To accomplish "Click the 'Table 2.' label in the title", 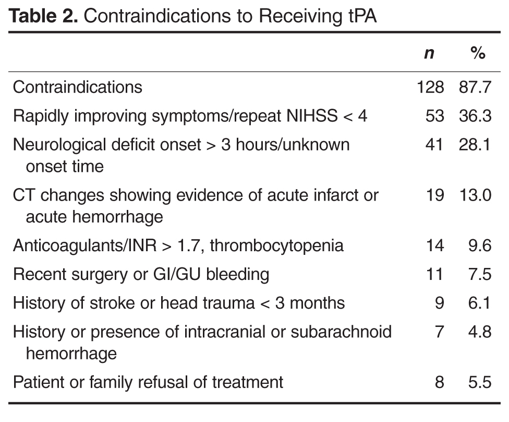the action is pyautogui.click(x=43, y=16).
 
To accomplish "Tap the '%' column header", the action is pyautogui.click(x=478, y=53).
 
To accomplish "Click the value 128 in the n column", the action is pyautogui.click(x=430, y=87).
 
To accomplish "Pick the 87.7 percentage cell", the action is pyautogui.click(x=475, y=87).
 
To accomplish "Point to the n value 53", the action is pyautogui.click(x=435, y=116).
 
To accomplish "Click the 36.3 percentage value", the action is pyautogui.click(x=475, y=116).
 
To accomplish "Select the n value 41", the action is pyautogui.click(x=434, y=144).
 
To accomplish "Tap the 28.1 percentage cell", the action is pyautogui.click(x=475, y=144).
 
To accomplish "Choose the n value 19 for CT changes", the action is pyautogui.click(x=435, y=195).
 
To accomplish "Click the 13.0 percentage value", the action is pyautogui.click(x=476, y=195).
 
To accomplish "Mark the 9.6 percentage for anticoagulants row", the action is pyautogui.click(x=480, y=245).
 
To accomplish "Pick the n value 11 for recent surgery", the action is pyautogui.click(x=434, y=274).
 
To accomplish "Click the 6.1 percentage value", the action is pyautogui.click(x=479, y=303).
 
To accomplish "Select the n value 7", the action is pyautogui.click(x=439, y=332).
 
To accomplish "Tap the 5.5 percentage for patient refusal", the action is pyautogui.click(x=480, y=382).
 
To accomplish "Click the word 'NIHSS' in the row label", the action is pyautogui.click(x=312, y=116).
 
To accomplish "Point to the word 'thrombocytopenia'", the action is pyautogui.click(x=276, y=246).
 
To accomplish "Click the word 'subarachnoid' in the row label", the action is pyautogui.click(x=341, y=332).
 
